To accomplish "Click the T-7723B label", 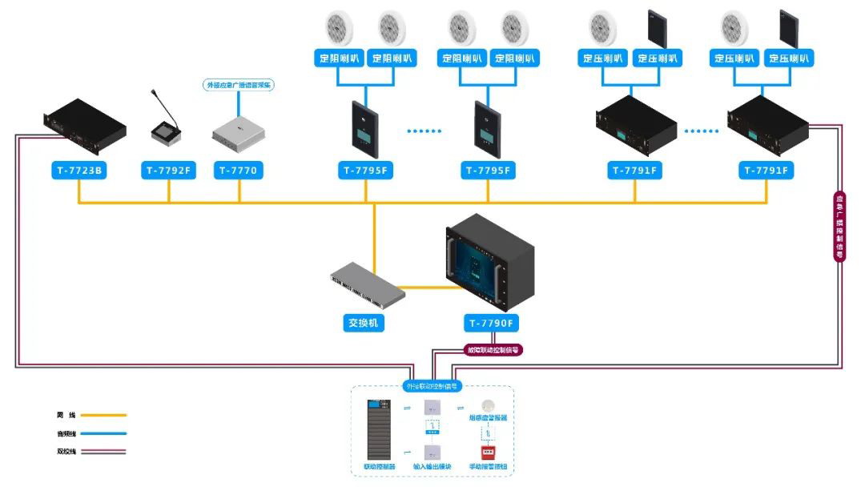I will [78, 170].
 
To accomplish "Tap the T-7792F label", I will [168, 170].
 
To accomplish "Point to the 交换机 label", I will [364, 324].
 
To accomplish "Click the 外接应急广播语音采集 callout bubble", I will [238, 84].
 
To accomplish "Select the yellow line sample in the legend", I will [103, 415].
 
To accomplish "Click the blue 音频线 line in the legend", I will [103, 433].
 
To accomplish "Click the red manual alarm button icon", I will [487, 453].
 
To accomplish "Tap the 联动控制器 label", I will [379, 466].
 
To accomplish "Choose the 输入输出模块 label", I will [432, 466].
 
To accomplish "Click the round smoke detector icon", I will [487, 405].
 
